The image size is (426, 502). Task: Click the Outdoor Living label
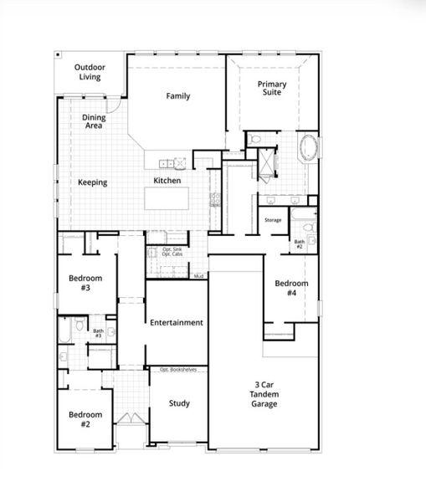[90, 72]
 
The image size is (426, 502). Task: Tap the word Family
[177, 96]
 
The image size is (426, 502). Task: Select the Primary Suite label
[272, 88]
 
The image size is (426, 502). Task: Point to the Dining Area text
[94, 122]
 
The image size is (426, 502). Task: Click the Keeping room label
[92, 182]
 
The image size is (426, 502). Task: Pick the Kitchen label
[167, 181]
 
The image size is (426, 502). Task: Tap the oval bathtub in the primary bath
[310, 148]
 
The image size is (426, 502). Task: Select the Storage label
[273, 220]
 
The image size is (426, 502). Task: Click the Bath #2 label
[299, 244]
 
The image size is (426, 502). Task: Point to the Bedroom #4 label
[291, 289]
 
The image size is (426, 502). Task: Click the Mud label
[198, 276]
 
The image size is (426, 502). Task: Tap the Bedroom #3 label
[85, 284]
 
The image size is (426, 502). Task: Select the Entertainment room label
[177, 322]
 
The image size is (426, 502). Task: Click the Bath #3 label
[98, 333]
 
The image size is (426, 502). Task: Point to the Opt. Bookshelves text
[177, 369]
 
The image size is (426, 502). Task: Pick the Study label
[179, 403]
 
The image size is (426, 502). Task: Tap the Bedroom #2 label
[85, 419]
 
